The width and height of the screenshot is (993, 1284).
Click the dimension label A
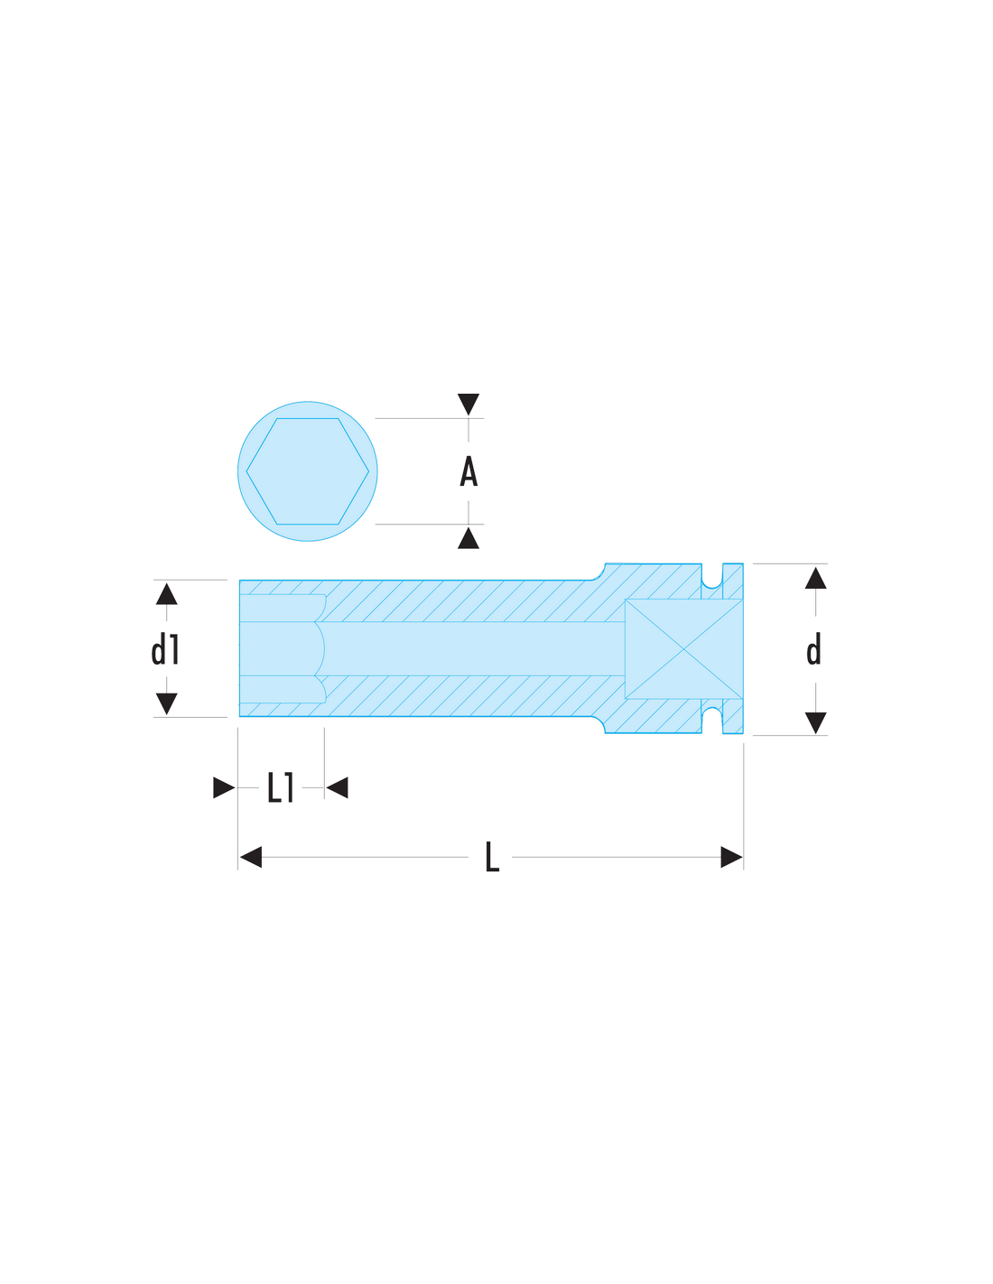point(469,471)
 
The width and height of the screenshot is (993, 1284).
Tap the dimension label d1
point(165,650)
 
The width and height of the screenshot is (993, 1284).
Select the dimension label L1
point(280,787)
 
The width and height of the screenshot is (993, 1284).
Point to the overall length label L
point(492,857)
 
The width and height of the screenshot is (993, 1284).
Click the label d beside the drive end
point(813,649)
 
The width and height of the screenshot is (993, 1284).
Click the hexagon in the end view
point(307,471)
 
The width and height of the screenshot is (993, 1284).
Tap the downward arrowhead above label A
point(469,405)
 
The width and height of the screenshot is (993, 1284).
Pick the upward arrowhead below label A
point(469,537)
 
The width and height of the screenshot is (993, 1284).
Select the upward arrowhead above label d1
point(167,594)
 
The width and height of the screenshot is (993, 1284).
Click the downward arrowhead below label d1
point(167,703)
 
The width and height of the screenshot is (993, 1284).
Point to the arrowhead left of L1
point(224,787)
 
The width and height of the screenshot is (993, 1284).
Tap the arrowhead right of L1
point(338,787)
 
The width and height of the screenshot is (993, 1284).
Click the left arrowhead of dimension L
point(250,857)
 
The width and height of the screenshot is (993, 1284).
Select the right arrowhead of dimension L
point(731,857)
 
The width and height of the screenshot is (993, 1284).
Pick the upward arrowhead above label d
point(815,578)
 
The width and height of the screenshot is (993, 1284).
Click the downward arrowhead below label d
point(815,722)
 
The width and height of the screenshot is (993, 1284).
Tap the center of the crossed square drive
point(683,649)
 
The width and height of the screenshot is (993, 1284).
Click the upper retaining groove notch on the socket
point(712,577)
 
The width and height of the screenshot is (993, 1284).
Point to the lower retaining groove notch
point(712,720)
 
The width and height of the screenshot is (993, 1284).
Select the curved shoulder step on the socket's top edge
point(599,572)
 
